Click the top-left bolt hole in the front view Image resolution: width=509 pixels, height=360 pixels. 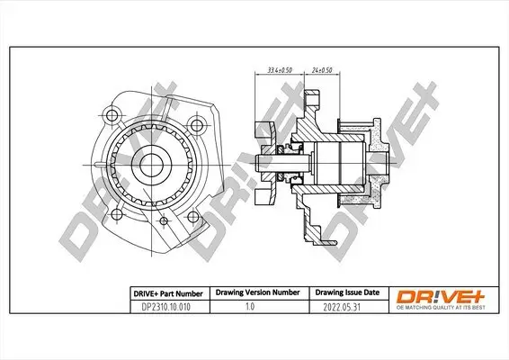tap(112, 114)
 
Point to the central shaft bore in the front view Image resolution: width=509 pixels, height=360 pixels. tap(153, 166)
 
